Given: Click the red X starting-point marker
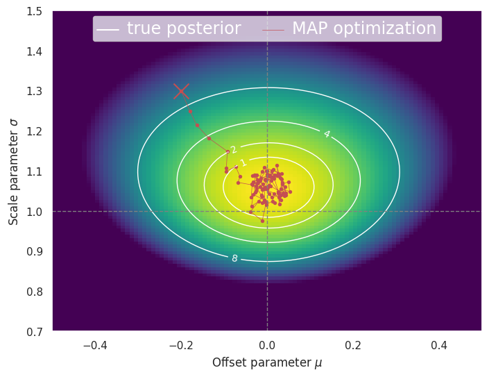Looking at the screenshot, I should (181, 91).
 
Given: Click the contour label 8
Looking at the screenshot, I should (234, 258).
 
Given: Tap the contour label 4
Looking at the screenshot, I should (326, 134).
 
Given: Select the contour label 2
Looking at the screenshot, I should (234, 150).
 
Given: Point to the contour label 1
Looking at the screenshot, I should (243, 163).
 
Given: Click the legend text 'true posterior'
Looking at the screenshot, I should (184, 28).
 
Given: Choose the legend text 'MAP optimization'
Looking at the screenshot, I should (363, 28).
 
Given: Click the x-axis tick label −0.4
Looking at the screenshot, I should (95, 345).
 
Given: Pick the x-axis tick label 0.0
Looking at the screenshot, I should (267, 345).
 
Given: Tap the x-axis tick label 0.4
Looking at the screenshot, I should (438, 345).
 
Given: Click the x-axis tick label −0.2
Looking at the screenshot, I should (181, 345).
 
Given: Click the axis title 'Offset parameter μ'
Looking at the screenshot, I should (267, 362).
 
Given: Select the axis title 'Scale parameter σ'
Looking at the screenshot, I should (14, 171).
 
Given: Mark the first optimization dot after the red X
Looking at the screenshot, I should (190, 111).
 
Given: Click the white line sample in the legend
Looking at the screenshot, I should (108, 29).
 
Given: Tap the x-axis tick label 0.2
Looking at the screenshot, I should (353, 345).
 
